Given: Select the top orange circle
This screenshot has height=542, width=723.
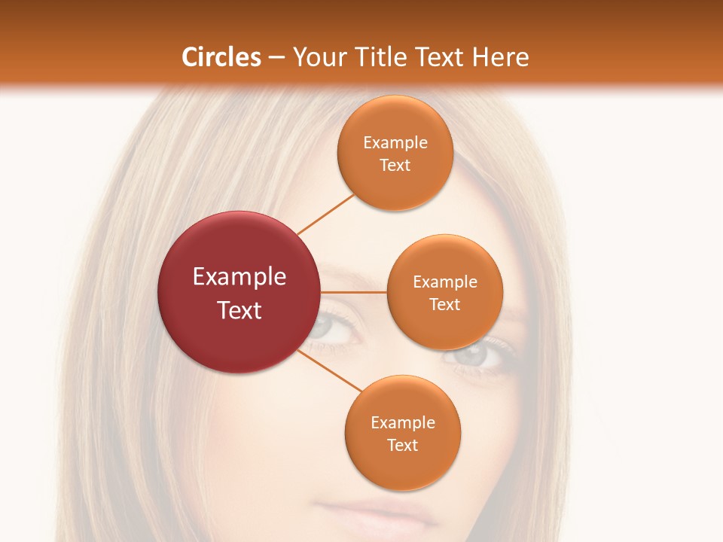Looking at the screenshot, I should [x=395, y=153].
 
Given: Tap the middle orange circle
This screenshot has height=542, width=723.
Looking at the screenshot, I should [x=444, y=292].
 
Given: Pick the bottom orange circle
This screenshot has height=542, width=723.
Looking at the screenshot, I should [x=402, y=433].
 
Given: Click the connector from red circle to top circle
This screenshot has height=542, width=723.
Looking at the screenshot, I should [x=325, y=215].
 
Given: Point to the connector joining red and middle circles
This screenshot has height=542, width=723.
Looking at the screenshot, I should [x=353, y=292].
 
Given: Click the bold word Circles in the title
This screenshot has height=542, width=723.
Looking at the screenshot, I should [x=221, y=57].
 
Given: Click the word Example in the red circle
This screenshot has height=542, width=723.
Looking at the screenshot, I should [x=239, y=277].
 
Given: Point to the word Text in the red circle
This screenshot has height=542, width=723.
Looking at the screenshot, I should [x=239, y=310].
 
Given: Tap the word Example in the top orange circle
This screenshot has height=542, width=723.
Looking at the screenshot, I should [x=395, y=142].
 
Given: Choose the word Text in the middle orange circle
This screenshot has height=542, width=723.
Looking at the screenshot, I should [x=444, y=304].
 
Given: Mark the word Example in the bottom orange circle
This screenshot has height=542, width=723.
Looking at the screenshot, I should [x=402, y=422].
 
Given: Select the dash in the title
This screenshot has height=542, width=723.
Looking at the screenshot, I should [x=276, y=57].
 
